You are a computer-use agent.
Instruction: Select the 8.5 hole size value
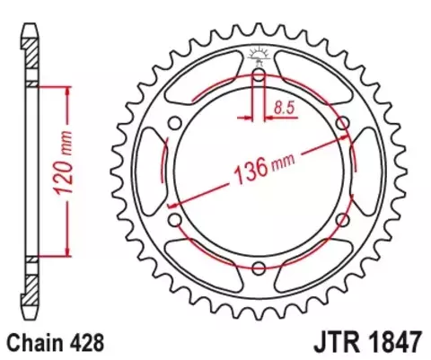click(x=284, y=107)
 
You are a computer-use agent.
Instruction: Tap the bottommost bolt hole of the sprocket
click(x=259, y=267)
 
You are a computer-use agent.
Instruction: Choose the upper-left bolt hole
click(x=176, y=123)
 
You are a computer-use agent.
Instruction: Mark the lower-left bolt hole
click(x=176, y=219)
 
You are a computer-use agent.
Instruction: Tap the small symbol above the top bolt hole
click(x=259, y=55)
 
